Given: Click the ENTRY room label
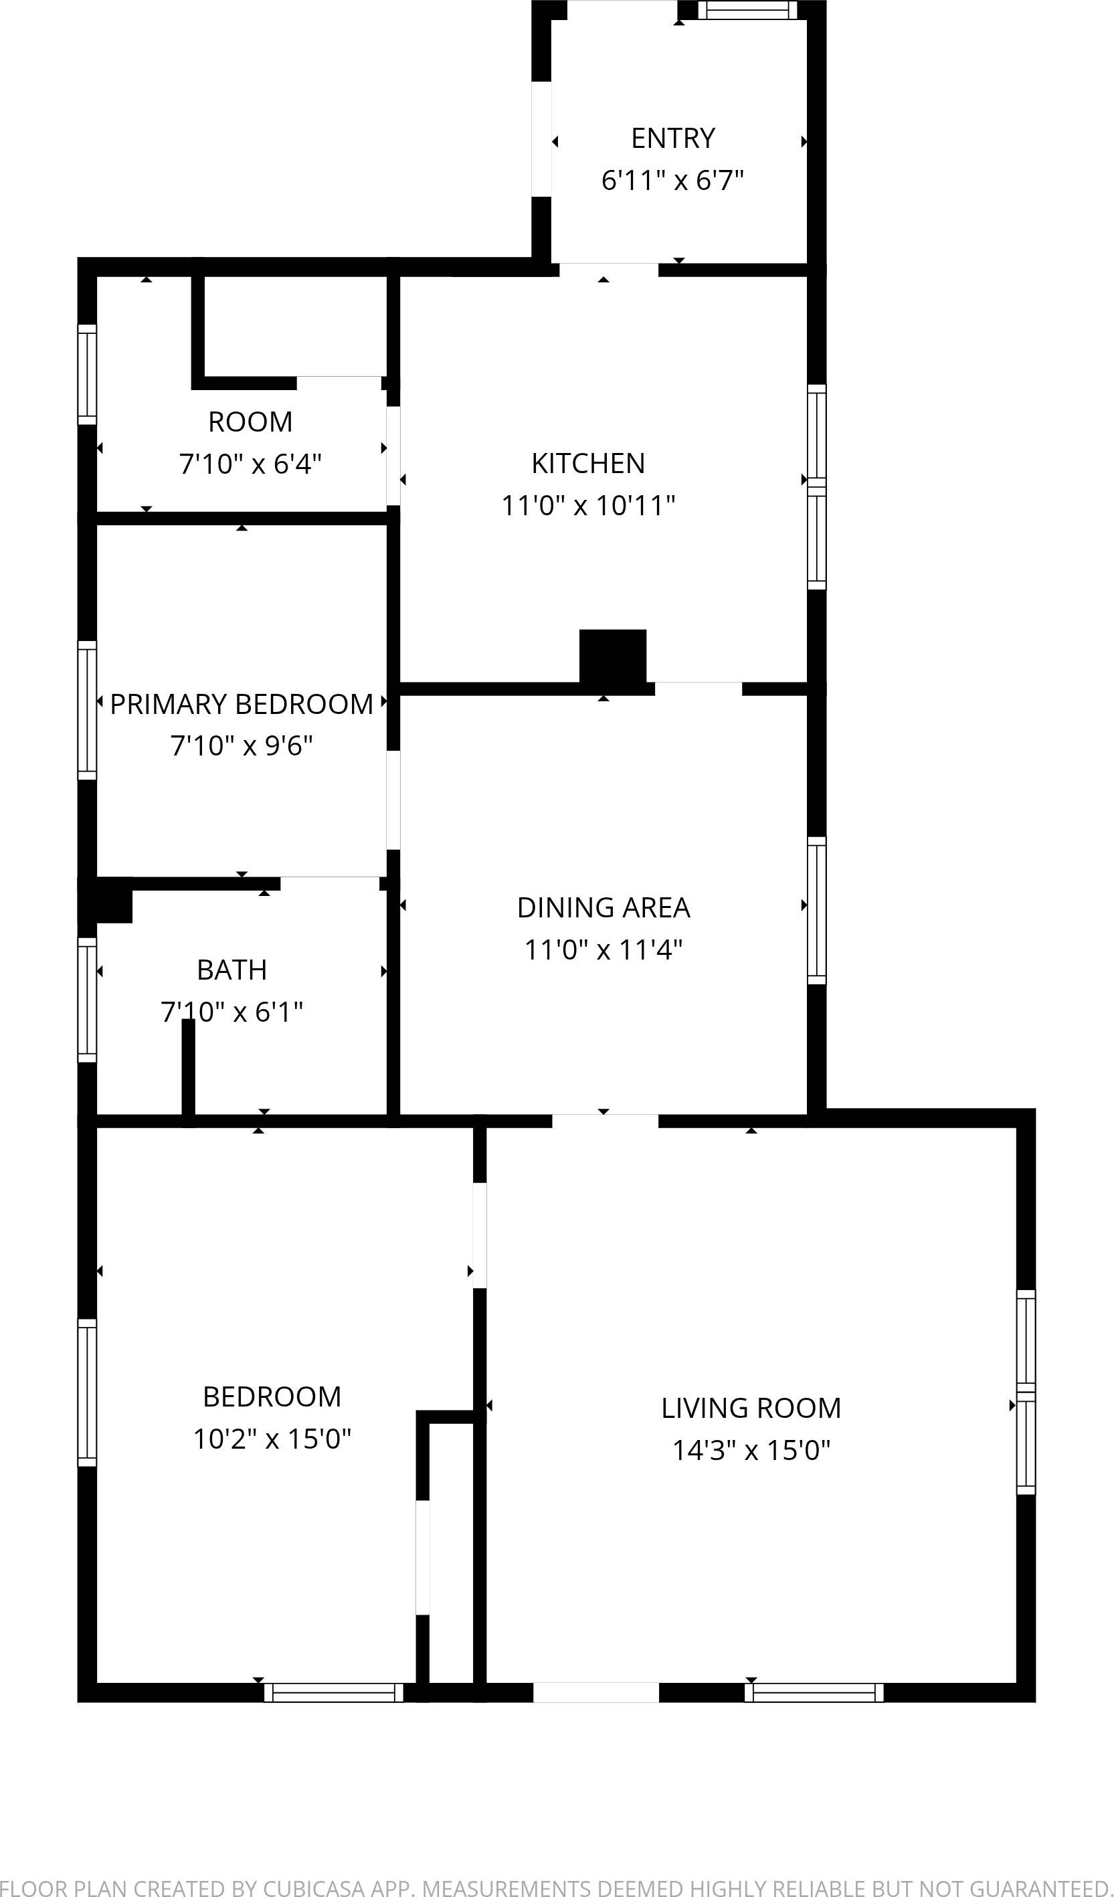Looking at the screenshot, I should (673, 139).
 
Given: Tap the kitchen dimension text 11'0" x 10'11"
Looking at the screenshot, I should (588, 505).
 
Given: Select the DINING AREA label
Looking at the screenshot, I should (603, 908).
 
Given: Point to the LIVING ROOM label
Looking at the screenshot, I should (751, 1408).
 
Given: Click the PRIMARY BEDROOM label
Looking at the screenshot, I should (242, 705).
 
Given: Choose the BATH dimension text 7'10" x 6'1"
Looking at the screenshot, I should (231, 1012).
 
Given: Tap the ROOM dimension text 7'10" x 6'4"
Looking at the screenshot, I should (250, 464).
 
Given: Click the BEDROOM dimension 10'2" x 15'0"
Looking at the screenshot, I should (272, 1439).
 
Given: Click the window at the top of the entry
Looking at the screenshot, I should (747, 10).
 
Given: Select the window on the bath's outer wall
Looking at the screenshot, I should (87, 1000).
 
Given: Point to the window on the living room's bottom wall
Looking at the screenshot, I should (814, 1693).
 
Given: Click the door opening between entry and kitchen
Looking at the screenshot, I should (608, 270).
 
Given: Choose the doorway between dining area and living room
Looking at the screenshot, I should (605, 1121).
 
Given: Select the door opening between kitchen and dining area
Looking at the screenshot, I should (698, 688).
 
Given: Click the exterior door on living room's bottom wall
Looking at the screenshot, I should (596, 1692).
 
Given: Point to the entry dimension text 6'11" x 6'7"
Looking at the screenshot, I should (672, 181).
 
